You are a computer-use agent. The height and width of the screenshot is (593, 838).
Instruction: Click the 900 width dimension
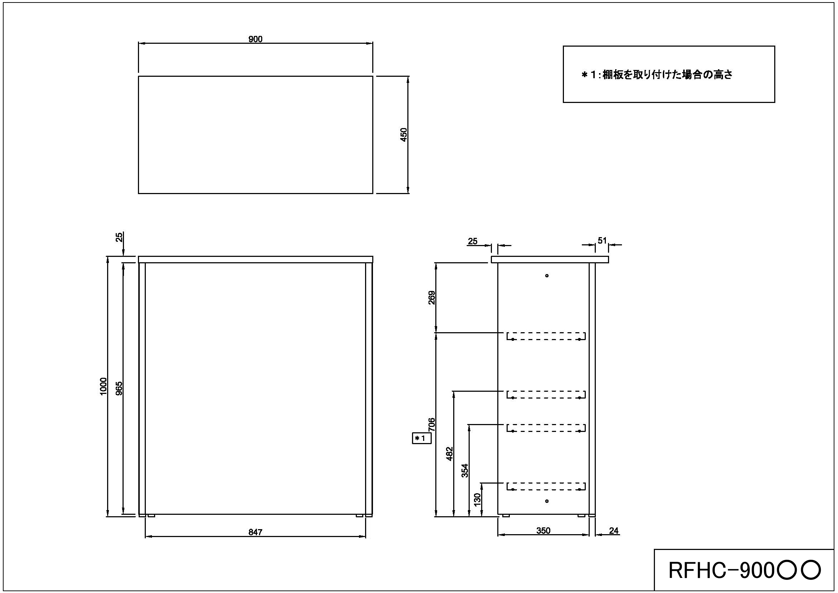255,39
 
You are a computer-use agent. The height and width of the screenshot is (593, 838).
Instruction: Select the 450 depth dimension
403,135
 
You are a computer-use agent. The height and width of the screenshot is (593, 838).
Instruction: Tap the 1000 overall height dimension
103,386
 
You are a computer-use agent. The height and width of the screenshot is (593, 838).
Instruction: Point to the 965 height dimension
119,389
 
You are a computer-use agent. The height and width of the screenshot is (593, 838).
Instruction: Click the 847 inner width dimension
255,532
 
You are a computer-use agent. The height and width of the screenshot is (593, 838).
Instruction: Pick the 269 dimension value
432,298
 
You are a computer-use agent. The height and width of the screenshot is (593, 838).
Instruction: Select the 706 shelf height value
432,424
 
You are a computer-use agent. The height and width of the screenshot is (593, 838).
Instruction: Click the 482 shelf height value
449,453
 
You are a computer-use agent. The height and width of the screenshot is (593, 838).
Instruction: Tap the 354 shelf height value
465,471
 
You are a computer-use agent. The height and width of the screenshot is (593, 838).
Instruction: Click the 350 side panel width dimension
543,531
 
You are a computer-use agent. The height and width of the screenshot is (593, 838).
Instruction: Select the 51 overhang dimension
602,240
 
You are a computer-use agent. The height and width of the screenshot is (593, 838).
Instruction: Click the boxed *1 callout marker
422,438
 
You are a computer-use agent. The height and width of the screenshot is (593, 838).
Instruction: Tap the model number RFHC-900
744,570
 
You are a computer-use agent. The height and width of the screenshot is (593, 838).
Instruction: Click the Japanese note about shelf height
657,75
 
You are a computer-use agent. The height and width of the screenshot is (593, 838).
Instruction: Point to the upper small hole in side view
547,276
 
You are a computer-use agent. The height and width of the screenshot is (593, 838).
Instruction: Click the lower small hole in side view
547,501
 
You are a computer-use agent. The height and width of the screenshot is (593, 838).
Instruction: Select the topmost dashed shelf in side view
546,336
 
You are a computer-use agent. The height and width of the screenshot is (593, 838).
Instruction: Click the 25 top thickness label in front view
119,237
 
